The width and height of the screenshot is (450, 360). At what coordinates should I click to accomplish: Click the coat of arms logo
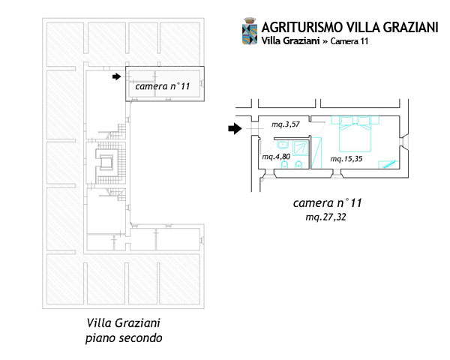[x=250, y=31]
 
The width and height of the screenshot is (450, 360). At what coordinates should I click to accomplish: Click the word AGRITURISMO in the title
[x=302, y=28]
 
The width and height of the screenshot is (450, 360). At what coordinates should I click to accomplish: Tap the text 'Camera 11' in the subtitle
[x=349, y=41]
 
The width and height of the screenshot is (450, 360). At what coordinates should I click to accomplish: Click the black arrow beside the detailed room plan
[x=235, y=128]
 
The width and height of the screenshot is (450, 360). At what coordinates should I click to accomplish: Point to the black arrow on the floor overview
[x=116, y=76]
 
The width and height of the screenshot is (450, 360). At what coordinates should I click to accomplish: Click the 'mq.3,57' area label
[x=286, y=124]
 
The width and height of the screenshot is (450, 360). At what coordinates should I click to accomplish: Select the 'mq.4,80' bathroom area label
[x=276, y=157]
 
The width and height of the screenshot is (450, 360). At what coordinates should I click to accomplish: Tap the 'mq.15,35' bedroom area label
[x=346, y=159]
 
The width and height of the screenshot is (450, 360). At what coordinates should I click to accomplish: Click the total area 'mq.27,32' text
[x=325, y=217]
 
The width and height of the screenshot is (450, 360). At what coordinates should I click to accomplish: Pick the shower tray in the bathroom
[x=301, y=148]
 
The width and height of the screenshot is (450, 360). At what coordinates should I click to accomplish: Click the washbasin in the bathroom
[x=283, y=145]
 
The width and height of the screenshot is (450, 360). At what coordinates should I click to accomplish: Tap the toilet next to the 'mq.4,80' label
[x=285, y=165]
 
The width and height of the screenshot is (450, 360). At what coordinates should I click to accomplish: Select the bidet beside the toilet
[x=298, y=165]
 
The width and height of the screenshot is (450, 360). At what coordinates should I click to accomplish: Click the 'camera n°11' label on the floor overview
[x=163, y=86]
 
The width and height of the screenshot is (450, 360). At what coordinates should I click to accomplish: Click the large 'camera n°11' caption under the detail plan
[x=327, y=203]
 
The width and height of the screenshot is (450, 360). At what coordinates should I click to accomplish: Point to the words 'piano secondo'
[x=124, y=338]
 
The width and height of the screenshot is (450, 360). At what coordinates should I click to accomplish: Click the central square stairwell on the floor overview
[x=106, y=163]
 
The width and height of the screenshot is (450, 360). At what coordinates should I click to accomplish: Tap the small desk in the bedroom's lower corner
[x=388, y=164]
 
